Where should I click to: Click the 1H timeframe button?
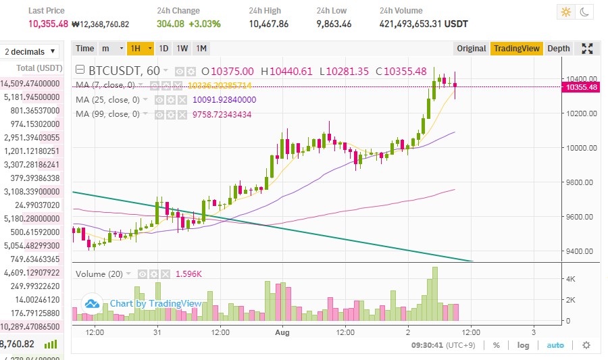pyautogui.click(x=136, y=48)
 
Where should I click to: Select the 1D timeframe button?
pyautogui.click(x=163, y=48)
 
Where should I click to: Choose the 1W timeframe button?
pyautogui.click(x=182, y=48)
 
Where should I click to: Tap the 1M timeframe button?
pyautogui.click(x=201, y=48)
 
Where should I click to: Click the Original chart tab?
pyautogui.click(x=471, y=48)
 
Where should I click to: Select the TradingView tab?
pyautogui.click(x=516, y=48)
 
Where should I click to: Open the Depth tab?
pyautogui.click(x=558, y=48)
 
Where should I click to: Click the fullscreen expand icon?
pyautogui.click(x=587, y=48)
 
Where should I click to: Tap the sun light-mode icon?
pyautogui.click(x=565, y=12)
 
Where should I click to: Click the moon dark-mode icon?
pyautogui.click(x=584, y=12)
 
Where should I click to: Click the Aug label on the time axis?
pyautogui.click(x=282, y=332)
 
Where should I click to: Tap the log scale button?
pyautogui.click(x=523, y=345)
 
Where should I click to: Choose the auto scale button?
pyautogui.click(x=555, y=345)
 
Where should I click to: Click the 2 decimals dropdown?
pyautogui.click(x=30, y=52)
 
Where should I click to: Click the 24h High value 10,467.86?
pyautogui.click(x=268, y=24)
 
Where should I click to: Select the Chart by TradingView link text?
pyautogui.click(x=155, y=304)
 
